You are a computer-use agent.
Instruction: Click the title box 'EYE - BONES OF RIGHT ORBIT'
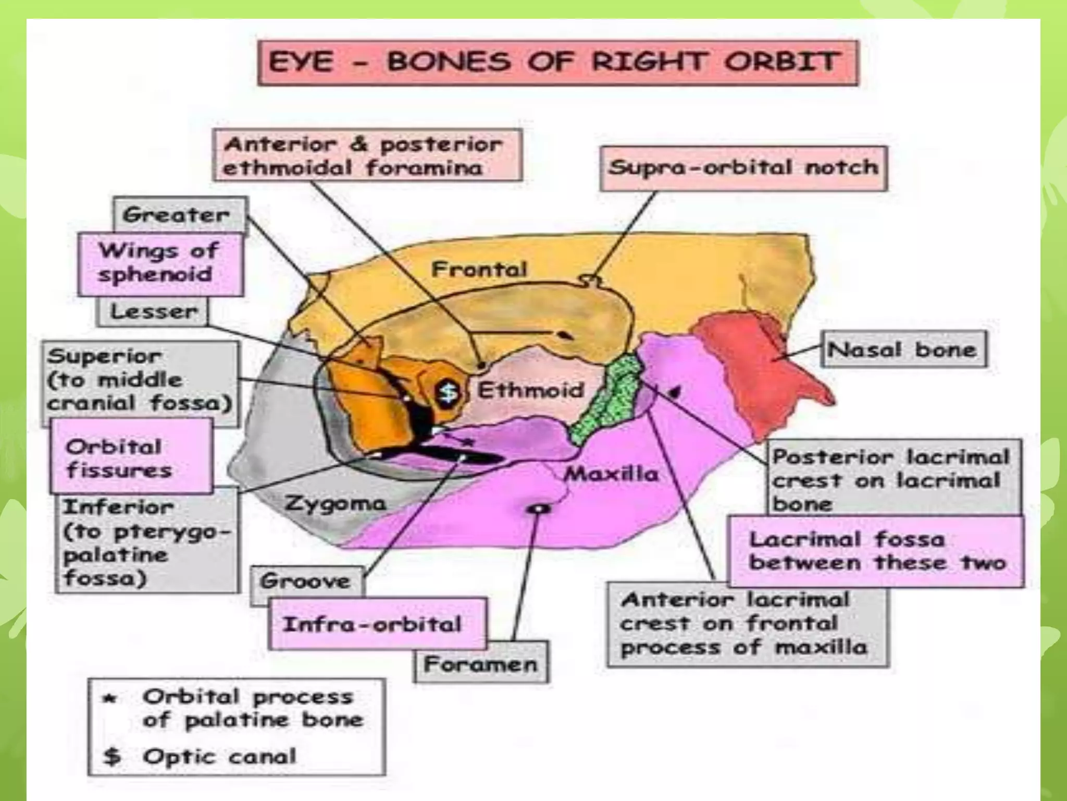(557, 63)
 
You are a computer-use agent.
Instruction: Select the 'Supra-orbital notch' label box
(743, 168)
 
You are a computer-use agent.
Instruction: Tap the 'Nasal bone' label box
(903, 349)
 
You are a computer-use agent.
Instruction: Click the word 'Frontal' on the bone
(479, 270)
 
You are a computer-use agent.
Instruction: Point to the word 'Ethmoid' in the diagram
(530, 390)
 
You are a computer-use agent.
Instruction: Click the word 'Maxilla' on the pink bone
(611, 474)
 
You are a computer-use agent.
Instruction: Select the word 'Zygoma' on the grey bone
(335, 503)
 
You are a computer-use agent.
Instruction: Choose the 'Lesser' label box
(153, 312)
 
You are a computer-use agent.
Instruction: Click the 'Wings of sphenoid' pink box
(159, 263)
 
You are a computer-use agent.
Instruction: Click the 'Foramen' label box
(480, 663)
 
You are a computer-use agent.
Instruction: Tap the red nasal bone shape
(755, 360)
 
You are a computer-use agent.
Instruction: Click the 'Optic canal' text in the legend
(219, 756)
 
